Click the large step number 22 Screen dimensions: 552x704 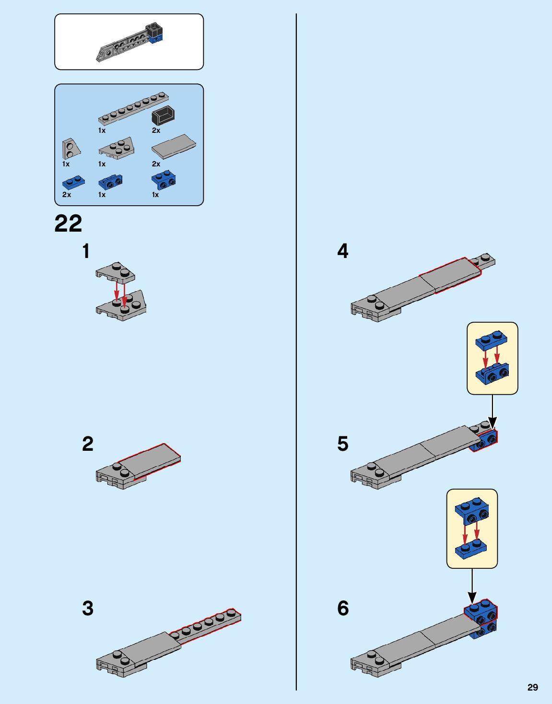[68, 223]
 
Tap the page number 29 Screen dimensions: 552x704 [532, 687]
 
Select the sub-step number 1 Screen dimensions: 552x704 [86, 251]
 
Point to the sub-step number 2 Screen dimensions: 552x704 [88, 444]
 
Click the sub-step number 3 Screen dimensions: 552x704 [88, 609]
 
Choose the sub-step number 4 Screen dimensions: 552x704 [343, 251]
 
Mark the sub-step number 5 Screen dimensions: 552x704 [343, 444]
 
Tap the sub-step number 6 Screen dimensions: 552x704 [343, 609]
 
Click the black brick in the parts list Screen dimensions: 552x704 [163, 115]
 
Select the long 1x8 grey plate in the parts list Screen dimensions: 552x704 [133, 107]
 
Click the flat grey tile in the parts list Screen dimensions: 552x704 [173, 146]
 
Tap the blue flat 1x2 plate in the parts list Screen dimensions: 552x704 [73, 182]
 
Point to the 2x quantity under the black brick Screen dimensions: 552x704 [156, 130]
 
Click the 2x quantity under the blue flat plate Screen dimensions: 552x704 [67, 195]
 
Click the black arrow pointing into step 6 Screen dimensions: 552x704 [472, 586]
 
